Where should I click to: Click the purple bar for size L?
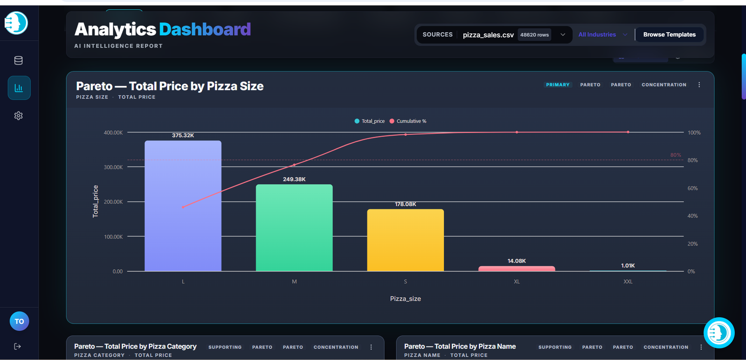[x=183, y=206]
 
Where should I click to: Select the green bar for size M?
[x=294, y=228]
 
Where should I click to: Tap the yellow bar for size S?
[x=405, y=240]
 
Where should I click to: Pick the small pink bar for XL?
[x=517, y=269]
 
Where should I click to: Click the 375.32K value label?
[x=183, y=135]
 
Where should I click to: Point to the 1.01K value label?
[x=628, y=265]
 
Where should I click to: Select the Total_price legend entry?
[x=370, y=121]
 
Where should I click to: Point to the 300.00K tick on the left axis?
[x=113, y=167]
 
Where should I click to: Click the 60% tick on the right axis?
[x=693, y=188]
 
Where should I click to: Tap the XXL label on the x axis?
[x=628, y=281]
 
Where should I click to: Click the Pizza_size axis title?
[x=405, y=299]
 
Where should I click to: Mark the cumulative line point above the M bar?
[x=294, y=165]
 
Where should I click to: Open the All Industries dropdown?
[x=603, y=35]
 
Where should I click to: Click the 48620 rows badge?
[x=534, y=35]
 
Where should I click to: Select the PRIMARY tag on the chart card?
[x=558, y=84]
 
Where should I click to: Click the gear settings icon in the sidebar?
[x=18, y=116]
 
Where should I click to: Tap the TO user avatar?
[x=19, y=321]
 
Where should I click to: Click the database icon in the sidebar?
[x=18, y=60]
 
